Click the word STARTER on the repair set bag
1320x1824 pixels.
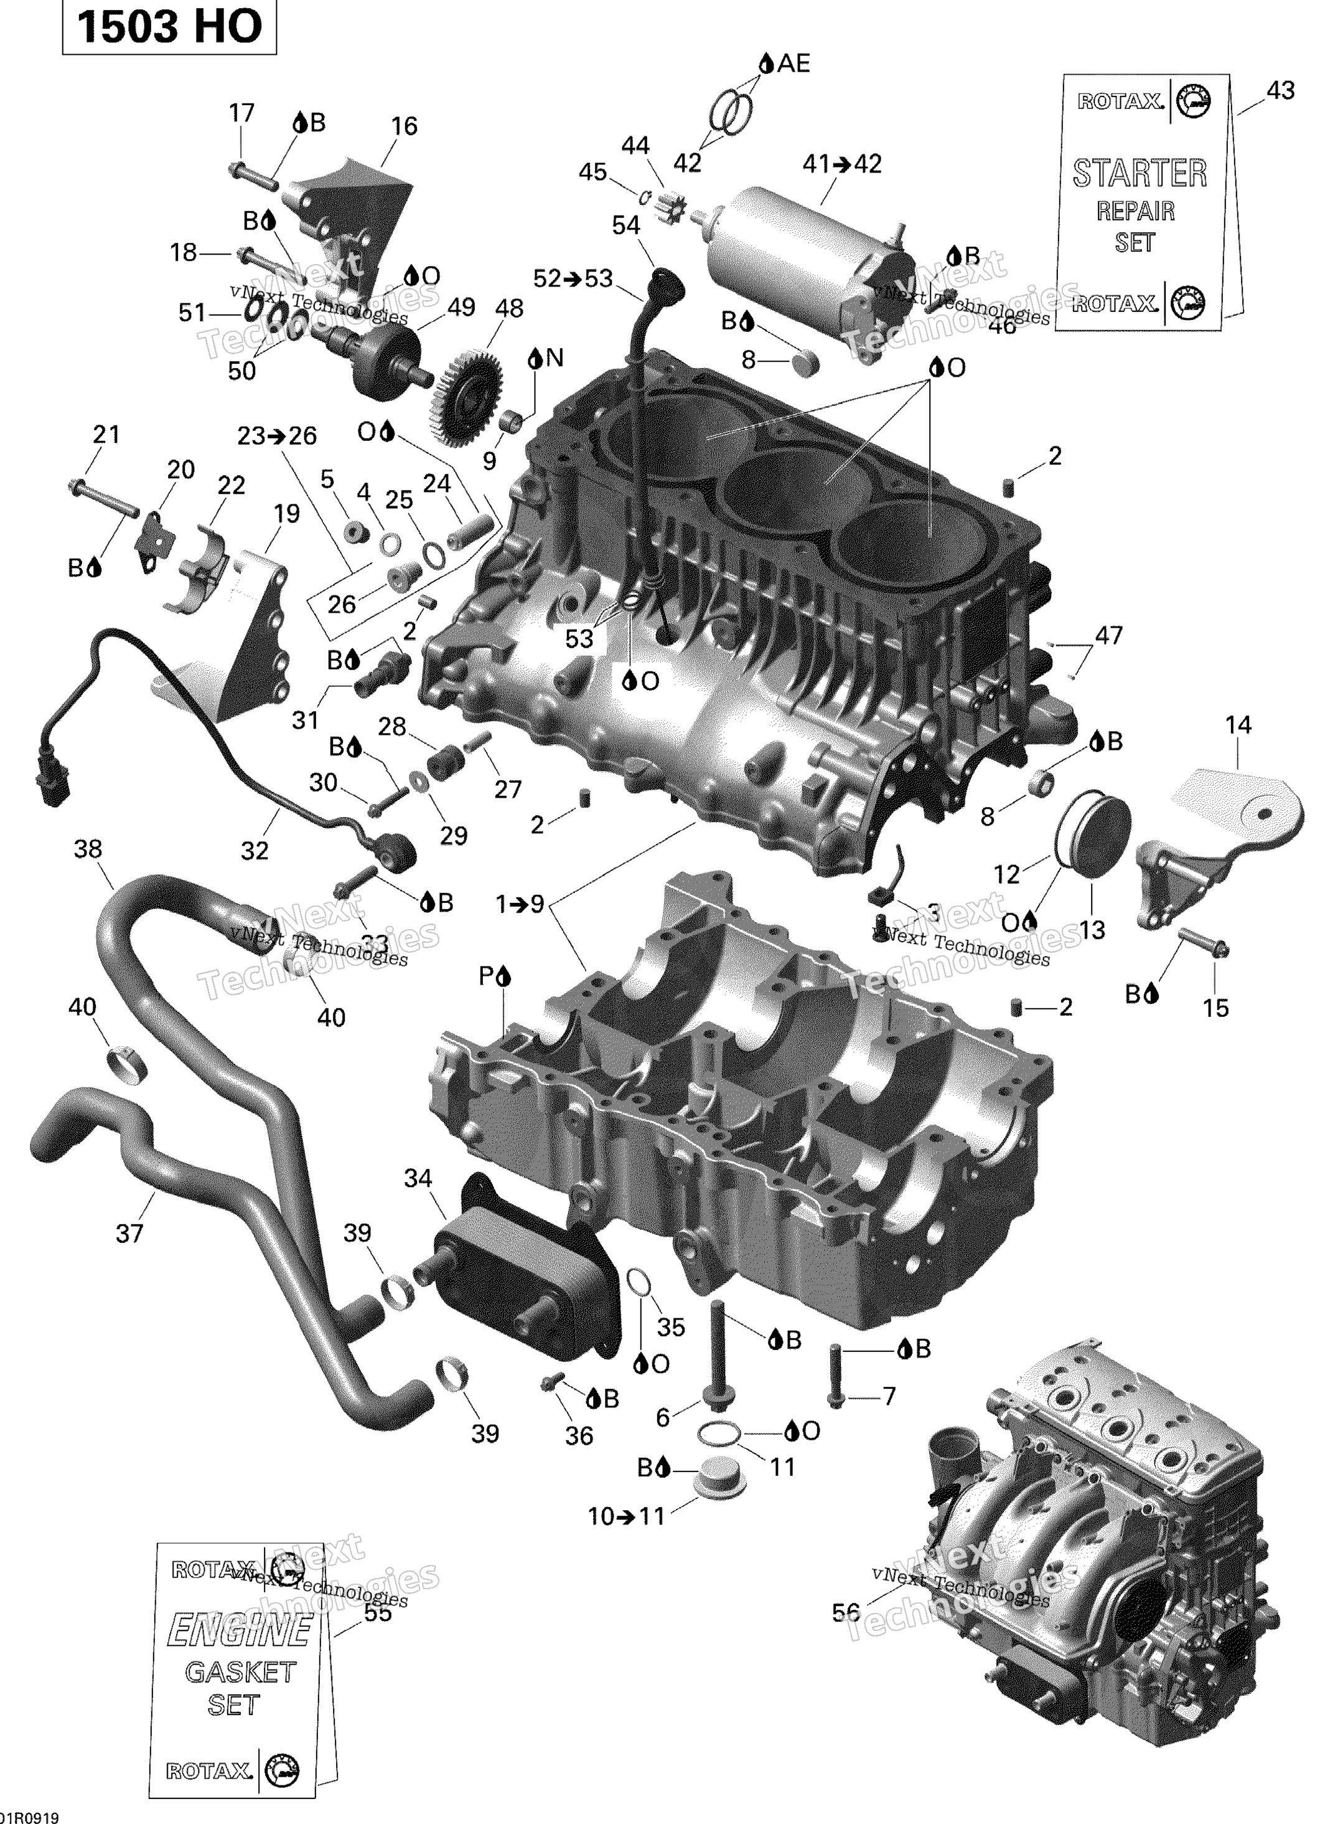click(1139, 174)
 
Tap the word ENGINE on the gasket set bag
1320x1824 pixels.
click(239, 1631)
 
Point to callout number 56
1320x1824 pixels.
click(846, 1612)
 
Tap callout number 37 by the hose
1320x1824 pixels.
click(129, 1233)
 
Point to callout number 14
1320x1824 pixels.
click(1237, 725)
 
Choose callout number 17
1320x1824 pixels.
click(241, 113)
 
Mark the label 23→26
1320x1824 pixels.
click(276, 436)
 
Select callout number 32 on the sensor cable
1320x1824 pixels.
click(254, 850)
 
